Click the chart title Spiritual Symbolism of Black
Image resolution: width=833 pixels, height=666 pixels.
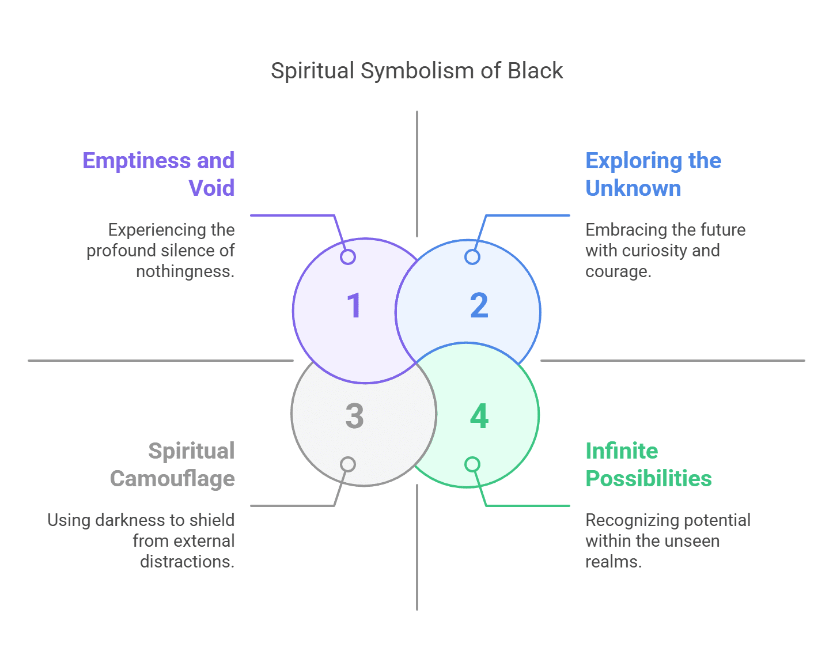click(416, 71)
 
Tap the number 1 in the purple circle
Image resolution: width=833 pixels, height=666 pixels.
click(354, 305)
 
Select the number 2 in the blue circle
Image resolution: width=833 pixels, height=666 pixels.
click(479, 305)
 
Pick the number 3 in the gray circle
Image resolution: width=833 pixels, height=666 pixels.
click(354, 416)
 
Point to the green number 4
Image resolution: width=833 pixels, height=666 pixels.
click(479, 416)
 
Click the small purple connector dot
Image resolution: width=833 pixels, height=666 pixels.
click(348, 257)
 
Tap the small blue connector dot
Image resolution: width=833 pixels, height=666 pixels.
click(472, 257)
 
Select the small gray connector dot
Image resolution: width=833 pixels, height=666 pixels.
click(348, 464)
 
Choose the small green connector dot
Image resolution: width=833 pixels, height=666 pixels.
click(472, 464)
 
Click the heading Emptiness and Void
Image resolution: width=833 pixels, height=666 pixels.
click(158, 174)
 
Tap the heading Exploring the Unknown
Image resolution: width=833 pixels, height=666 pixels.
click(653, 174)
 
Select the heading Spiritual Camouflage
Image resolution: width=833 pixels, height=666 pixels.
click(172, 464)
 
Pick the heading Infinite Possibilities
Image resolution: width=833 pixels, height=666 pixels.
click(648, 464)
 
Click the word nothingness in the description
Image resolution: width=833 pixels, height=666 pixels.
click(184, 271)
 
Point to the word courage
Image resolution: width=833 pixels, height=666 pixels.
click(617, 271)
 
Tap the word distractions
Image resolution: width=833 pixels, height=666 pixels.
click(187, 562)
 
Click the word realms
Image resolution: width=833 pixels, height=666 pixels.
click(612, 562)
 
